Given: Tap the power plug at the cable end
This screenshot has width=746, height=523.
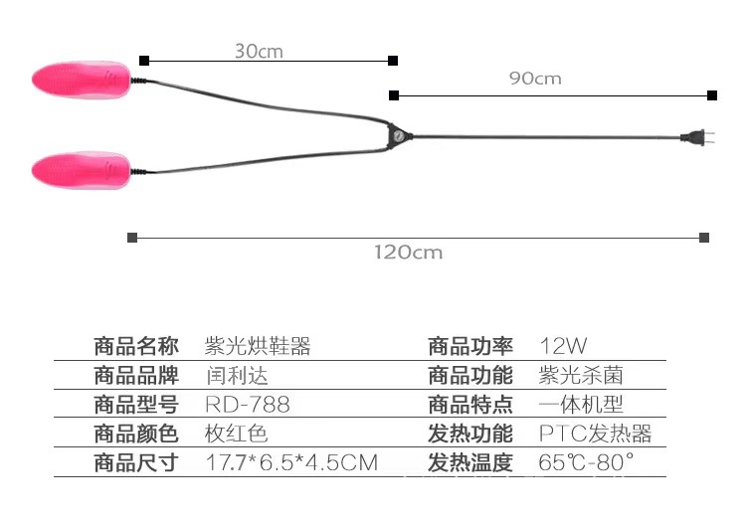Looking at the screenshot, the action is click(x=694, y=137).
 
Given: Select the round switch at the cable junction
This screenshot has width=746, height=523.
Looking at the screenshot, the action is click(x=396, y=134).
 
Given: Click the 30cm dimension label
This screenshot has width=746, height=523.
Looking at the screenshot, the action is click(x=259, y=51).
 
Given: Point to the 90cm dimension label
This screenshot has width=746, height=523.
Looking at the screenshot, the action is click(x=535, y=79).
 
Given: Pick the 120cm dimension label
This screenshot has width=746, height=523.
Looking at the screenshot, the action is click(x=409, y=253).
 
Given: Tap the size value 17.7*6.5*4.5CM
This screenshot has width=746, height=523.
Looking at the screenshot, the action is click(x=291, y=463).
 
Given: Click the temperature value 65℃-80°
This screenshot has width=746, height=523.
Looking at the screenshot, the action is click(x=586, y=463).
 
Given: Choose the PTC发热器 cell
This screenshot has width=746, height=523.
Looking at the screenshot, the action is click(x=595, y=435).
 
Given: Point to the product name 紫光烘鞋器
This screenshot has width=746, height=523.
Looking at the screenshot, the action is click(x=258, y=347).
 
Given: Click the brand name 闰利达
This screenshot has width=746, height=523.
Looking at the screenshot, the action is click(x=237, y=376).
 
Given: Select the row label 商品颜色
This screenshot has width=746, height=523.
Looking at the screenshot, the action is click(x=136, y=435).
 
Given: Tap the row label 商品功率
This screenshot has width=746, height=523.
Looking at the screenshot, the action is click(x=470, y=347).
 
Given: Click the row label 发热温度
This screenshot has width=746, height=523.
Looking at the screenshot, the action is click(x=470, y=463).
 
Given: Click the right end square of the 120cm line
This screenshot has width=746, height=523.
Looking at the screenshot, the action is click(x=704, y=237).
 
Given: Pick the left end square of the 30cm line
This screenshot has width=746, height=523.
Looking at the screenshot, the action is click(x=144, y=60).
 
